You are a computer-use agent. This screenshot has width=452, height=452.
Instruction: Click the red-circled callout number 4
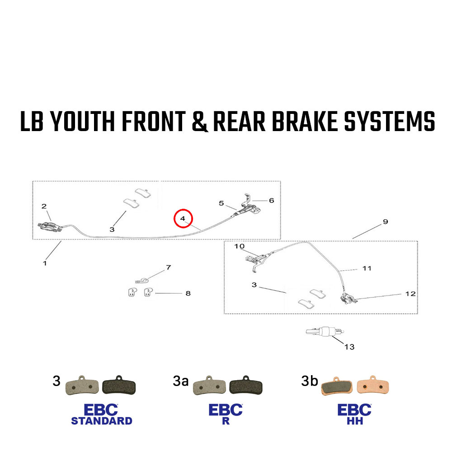coord(183,219)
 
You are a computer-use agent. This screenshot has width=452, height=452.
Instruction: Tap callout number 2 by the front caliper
coord(44,207)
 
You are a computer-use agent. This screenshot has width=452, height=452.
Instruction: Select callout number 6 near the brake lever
coord(271,200)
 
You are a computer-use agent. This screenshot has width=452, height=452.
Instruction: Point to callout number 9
coord(385,222)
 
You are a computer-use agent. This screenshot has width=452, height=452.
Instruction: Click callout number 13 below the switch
coord(349,347)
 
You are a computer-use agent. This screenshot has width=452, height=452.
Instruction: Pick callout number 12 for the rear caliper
coord(410,294)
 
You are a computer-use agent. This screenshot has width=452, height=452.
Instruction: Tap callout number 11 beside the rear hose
coord(367,268)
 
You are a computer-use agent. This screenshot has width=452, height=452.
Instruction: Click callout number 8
coord(188,293)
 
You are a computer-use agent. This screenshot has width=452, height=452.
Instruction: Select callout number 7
coord(168,268)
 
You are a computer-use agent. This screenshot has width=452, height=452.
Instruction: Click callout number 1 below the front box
coord(44,263)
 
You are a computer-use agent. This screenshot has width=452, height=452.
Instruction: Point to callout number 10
coord(239,246)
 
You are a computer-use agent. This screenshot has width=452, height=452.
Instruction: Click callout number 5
coord(221,203)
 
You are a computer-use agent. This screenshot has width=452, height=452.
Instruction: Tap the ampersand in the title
coord(201,122)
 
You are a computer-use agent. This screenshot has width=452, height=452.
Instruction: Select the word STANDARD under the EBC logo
coord(102,421)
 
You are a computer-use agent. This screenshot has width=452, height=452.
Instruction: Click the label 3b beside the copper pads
coord(310,381)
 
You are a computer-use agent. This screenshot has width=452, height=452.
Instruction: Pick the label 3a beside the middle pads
coord(180,381)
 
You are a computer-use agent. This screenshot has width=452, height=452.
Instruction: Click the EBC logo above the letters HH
coord(354,410)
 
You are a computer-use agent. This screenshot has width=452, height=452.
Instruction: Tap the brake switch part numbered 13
coord(323,332)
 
